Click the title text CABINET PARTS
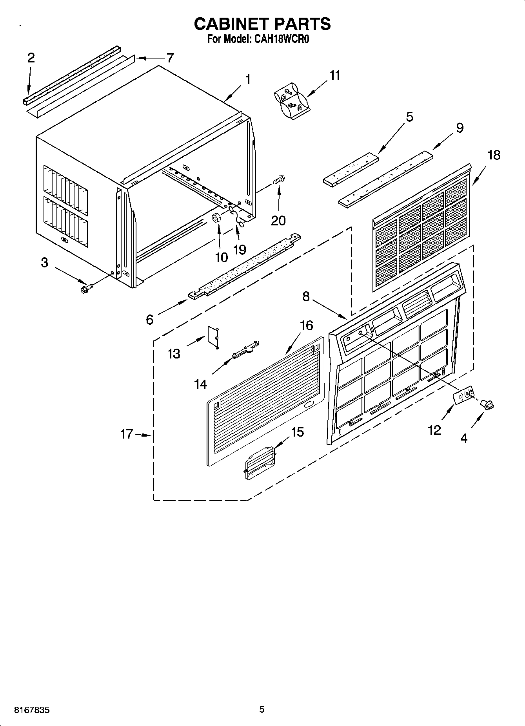click(x=262, y=24)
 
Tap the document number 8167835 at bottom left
click(x=32, y=710)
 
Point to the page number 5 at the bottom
click(x=262, y=709)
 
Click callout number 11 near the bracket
click(x=335, y=75)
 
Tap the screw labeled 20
click(x=280, y=180)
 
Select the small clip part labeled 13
click(x=213, y=337)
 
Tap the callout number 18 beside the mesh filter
click(x=494, y=155)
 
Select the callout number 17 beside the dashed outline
click(x=127, y=434)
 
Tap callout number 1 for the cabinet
click(x=247, y=80)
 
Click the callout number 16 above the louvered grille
click(x=307, y=325)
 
